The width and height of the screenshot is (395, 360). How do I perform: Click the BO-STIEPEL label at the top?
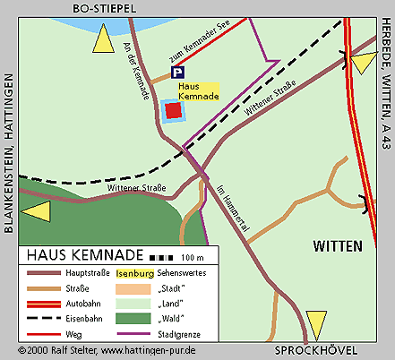(x=104, y=8)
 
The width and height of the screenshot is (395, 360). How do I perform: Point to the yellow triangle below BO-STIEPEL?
(x=104, y=40)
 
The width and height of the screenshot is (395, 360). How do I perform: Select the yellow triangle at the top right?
(x=364, y=63)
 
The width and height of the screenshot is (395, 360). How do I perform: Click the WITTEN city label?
(x=337, y=244)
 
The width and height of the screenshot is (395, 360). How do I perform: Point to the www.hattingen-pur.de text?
(x=145, y=350)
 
